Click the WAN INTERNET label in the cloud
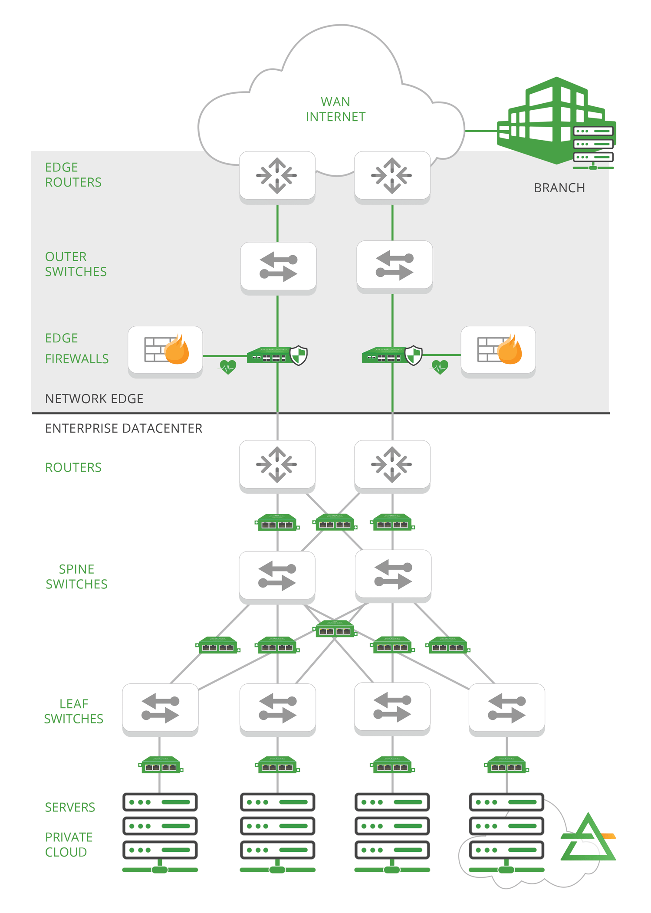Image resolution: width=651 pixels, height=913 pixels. (335, 109)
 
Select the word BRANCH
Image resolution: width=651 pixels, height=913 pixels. (559, 188)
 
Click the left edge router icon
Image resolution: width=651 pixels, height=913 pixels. (277, 176)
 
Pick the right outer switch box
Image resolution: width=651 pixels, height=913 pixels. (394, 265)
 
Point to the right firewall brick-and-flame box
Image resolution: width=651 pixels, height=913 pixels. (498, 350)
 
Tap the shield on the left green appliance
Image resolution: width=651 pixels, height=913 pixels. (299, 355)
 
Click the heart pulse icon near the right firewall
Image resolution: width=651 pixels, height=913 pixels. (440, 368)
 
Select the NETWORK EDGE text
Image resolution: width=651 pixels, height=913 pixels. (94, 399)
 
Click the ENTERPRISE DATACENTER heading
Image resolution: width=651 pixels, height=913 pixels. (124, 428)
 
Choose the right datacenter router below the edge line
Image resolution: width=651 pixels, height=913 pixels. (392, 464)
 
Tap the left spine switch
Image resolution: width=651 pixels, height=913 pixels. (277, 575)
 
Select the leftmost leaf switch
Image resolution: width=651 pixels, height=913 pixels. (160, 708)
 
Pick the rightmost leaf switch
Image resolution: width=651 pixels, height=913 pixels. (506, 708)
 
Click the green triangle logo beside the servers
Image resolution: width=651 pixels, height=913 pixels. (588, 840)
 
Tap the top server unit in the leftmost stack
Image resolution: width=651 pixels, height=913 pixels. (160, 802)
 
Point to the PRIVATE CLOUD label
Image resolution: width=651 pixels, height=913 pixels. (69, 844)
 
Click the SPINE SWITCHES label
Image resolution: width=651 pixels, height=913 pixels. (77, 577)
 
